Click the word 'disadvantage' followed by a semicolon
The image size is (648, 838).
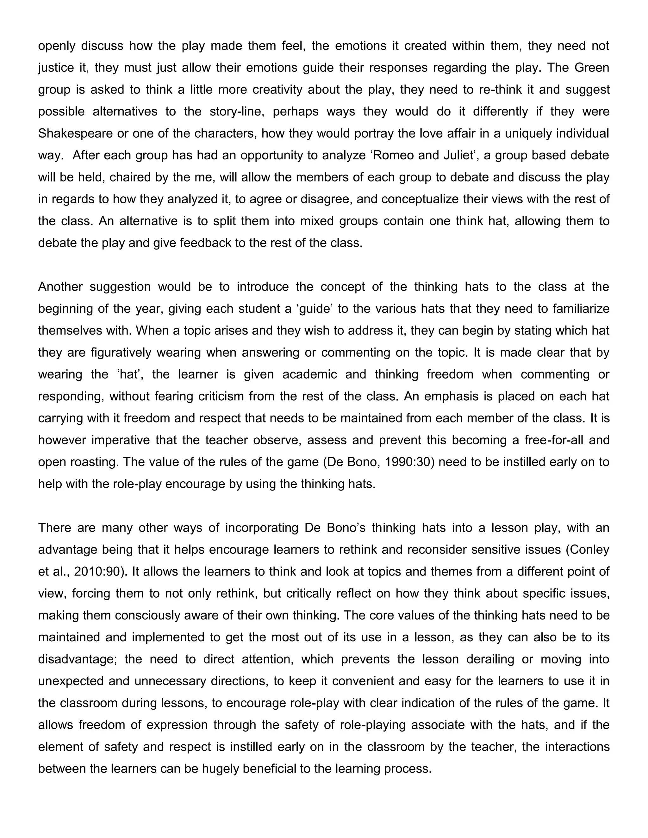79,659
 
